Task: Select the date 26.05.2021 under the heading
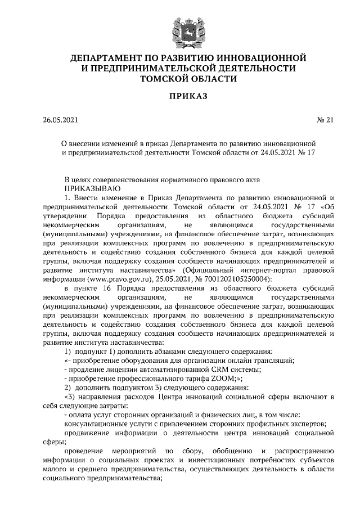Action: (x=61, y=120)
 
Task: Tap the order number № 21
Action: (x=325, y=120)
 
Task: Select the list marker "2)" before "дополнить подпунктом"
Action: (x=68, y=388)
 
